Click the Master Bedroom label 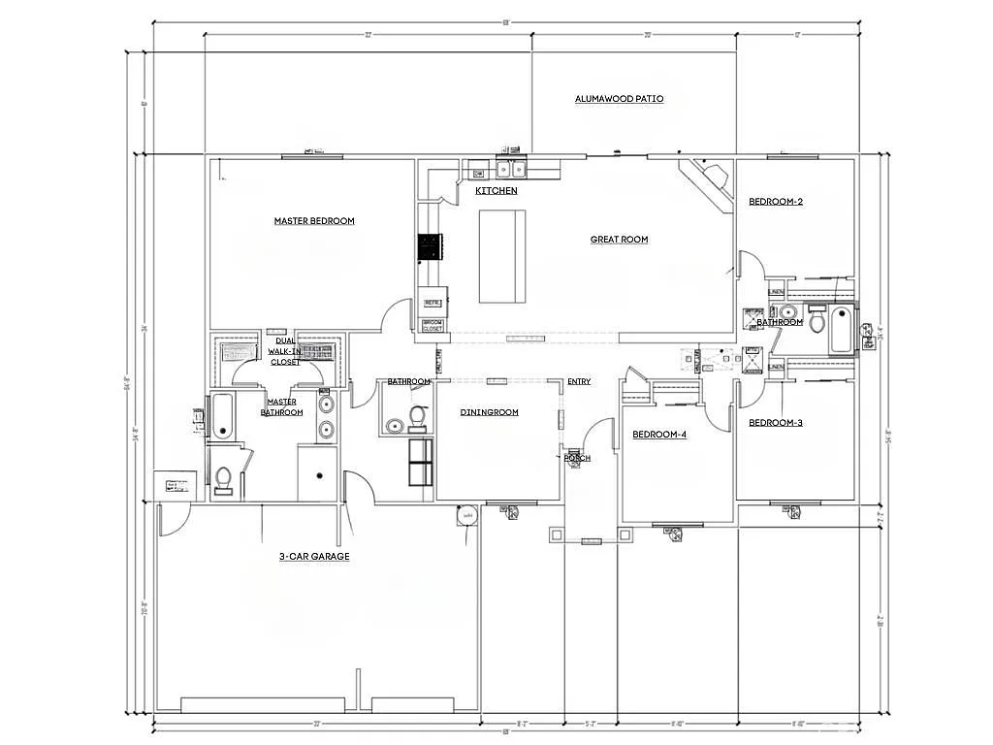pyautogui.click(x=314, y=221)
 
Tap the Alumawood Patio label pyautogui.click(x=619, y=99)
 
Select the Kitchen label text pyautogui.click(x=496, y=191)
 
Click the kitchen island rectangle pyautogui.click(x=502, y=256)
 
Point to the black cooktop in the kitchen pyautogui.click(x=430, y=248)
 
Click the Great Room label pyautogui.click(x=619, y=240)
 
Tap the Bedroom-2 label pyautogui.click(x=775, y=202)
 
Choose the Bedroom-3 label pyautogui.click(x=775, y=423)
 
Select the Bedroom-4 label pyautogui.click(x=659, y=435)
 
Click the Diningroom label pyautogui.click(x=489, y=412)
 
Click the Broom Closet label pyautogui.click(x=432, y=325)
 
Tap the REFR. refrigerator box pyautogui.click(x=432, y=303)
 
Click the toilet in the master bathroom pyautogui.click(x=223, y=479)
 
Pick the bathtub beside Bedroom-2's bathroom pyautogui.click(x=841, y=329)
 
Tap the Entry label pyautogui.click(x=579, y=382)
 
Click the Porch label pyautogui.click(x=577, y=458)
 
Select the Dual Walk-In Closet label pyautogui.click(x=285, y=351)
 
